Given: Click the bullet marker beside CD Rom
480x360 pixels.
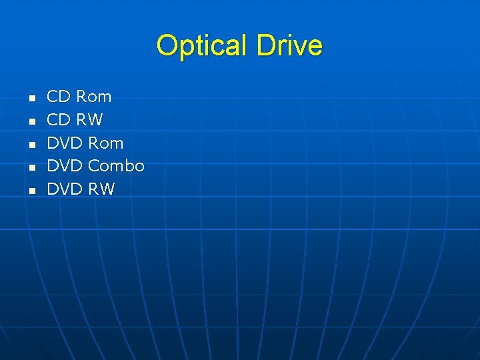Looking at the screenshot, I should click(x=31, y=99).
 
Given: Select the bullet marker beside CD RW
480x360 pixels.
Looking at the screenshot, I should click(x=31, y=121).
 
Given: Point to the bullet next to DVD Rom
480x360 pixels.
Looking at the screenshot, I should click(x=31, y=145).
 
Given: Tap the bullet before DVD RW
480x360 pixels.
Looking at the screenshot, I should click(x=31, y=191).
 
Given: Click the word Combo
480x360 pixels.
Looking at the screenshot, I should click(x=116, y=166).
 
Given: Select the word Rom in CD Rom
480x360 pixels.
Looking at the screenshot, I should click(x=93, y=97).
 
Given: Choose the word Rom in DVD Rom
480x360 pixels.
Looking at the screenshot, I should click(x=105, y=143).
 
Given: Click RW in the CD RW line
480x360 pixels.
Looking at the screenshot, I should click(x=89, y=120).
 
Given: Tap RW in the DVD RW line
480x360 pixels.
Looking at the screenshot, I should click(x=101, y=189).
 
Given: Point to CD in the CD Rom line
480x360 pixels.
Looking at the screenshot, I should click(x=59, y=97).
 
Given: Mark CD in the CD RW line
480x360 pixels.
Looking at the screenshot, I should click(x=59, y=120).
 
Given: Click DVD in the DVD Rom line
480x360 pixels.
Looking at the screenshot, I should click(x=65, y=143).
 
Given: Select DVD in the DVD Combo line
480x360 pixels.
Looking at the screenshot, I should click(x=65, y=166).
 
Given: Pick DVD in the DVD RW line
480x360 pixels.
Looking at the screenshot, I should click(x=65, y=189).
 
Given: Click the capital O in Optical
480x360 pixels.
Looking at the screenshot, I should click(x=166, y=46).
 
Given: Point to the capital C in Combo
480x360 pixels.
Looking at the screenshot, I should click(x=94, y=166).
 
